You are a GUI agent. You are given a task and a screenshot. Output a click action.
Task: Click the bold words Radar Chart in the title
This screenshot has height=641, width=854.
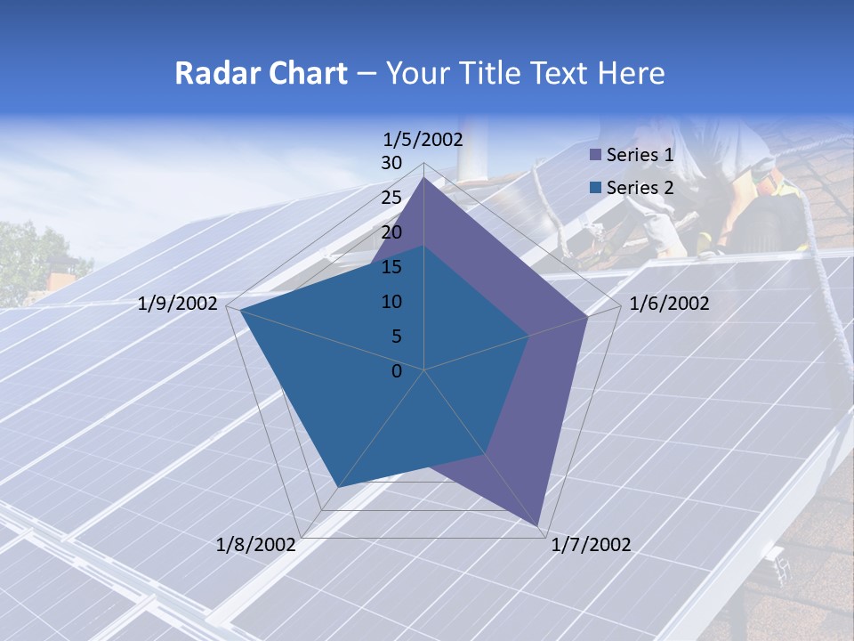pyautogui.click(x=261, y=73)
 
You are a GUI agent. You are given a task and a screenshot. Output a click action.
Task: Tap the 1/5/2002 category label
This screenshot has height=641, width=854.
pyautogui.click(x=423, y=139)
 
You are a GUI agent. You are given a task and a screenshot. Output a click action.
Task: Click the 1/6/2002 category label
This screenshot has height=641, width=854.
pyautogui.click(x=669, y=304)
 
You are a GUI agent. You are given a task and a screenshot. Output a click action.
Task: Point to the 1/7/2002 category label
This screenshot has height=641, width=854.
pyautogui.click(x=591, y=545)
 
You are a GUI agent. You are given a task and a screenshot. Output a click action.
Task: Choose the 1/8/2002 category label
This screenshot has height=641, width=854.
pyautogui.click(x=256, y=545)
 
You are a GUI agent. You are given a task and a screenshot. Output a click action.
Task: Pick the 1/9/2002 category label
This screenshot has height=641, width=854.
pyautogui.click(x=178, y=304)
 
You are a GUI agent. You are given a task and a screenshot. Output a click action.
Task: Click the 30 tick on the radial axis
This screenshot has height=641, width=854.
pyautogui.click(x=391, y=163)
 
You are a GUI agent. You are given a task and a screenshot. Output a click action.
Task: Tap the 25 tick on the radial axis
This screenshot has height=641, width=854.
pyautogui.click(x=391, y=198)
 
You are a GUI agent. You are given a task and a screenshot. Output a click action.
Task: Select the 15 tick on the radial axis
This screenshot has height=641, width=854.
pyautogui.click(x=391, y=267)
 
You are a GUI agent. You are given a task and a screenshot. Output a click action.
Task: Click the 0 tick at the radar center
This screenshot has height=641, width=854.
pyautogui.click(x=397, y=371)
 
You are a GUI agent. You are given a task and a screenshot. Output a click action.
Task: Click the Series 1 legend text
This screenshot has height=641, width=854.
pyautogui.click(x=640, y=155)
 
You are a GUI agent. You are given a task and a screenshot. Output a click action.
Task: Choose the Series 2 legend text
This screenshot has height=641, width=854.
pyautogui.click(x=640, y=188)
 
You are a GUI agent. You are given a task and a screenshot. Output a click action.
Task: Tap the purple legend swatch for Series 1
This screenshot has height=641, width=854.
pyautogui.click(x=596, y=155)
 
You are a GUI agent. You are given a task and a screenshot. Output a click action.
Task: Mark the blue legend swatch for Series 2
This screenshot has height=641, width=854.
pyautogui.click(x=596, y=188)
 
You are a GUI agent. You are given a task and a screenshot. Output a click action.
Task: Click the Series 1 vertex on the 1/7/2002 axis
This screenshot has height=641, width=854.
pyautogui.click(x=538, y=525)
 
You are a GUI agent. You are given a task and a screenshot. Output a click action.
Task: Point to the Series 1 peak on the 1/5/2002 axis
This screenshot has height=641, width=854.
pyautogui.click(x=424, y=178)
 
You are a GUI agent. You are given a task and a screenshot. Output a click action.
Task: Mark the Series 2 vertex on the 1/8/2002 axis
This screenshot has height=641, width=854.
pyautogui.click(x=337, y=488)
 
